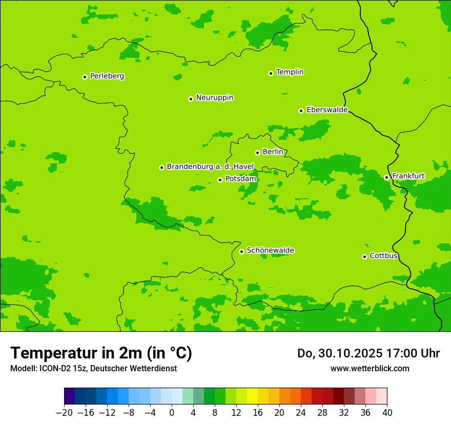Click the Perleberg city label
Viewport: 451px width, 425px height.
(107, 76)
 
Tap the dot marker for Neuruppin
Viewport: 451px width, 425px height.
(191, 99)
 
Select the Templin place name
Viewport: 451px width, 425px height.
(290, 72)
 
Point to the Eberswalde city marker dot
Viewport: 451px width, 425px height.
(301, 111)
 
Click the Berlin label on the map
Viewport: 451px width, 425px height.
(272, 152)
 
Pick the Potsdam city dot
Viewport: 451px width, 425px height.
(220, 180)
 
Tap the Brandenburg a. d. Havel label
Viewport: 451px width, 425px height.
(210, 167)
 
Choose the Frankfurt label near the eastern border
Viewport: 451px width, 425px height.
(408, 176)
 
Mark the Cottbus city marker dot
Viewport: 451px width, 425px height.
(364, 257)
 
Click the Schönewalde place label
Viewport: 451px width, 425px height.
(270, 250)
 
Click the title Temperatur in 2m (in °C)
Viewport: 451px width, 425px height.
(101, 353)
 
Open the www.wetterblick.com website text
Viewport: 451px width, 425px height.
(370, 368)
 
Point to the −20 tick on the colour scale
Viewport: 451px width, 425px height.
(64, 412)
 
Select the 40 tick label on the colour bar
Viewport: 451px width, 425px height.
(387, 412)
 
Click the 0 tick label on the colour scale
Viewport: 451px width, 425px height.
(172, 412)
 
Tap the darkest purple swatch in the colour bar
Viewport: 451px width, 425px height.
(70, 396)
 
